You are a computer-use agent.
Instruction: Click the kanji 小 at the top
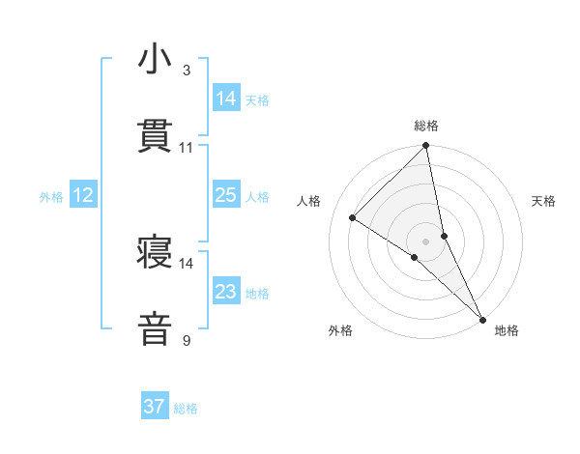coord(156,60)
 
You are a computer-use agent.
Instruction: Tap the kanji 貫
coord(156,137)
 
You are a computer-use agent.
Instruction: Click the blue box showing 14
coord(226,98)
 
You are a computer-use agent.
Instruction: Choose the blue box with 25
coord(226,195)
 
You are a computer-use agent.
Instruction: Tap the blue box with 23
coord(226,292)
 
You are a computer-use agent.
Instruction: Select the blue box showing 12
coord(83,195)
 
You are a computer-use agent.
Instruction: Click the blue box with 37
coord(155,407)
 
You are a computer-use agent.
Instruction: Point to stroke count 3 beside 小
coord(187,71)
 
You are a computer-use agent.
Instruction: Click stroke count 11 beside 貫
coord(187,148)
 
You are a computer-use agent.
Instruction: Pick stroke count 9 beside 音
coord(187,340)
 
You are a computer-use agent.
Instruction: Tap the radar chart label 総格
coord(426,126)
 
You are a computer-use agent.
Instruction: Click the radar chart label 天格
coord(544,201)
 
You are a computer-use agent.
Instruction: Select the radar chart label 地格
coord(507,330)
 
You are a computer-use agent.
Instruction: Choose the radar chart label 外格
coord(340,330)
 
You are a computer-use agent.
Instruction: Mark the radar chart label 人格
coord(309,201)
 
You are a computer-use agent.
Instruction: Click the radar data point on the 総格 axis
coord(426,147)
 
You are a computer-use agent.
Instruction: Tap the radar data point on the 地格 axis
coord(482,318)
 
